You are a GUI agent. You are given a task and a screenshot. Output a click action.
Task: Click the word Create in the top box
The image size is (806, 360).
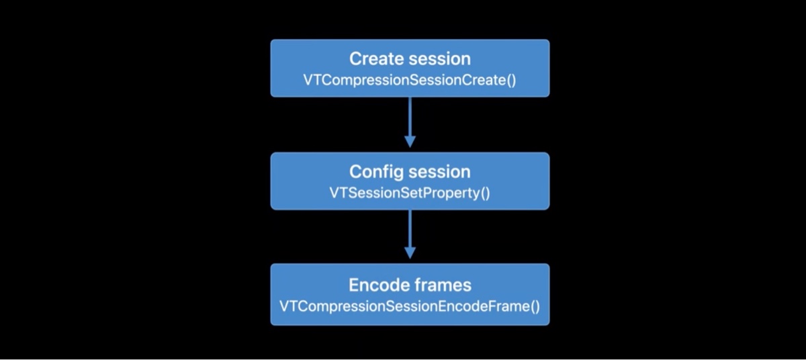point(376,58)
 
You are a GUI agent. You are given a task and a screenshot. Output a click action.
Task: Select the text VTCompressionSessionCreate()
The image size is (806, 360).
point(410,79)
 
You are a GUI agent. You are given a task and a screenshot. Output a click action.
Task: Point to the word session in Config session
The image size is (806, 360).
point(439,171)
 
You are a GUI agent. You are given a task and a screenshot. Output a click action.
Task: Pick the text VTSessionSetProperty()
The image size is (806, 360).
point(410,193)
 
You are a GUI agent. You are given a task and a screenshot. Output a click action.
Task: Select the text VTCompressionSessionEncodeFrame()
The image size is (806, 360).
point(410,306)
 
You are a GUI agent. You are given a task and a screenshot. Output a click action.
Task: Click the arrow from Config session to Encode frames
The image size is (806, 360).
point(410,232)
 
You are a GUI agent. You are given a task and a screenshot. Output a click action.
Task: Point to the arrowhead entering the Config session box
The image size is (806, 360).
point(410,141)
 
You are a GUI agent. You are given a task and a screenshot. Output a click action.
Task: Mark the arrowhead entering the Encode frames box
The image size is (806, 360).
point(410,253)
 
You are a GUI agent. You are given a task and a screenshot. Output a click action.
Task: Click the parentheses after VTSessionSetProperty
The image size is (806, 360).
point(485,193)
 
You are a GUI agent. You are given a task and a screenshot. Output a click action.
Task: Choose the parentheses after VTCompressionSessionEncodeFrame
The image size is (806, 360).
point(534,306)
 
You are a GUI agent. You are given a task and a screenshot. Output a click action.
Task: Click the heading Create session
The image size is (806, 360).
point(410,58)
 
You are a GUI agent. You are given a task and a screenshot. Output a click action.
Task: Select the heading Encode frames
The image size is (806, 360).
point(410,285)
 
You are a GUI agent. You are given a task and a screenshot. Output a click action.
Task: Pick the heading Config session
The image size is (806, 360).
point(410,171)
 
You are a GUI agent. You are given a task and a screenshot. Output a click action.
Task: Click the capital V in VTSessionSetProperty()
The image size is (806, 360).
point(333,193)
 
